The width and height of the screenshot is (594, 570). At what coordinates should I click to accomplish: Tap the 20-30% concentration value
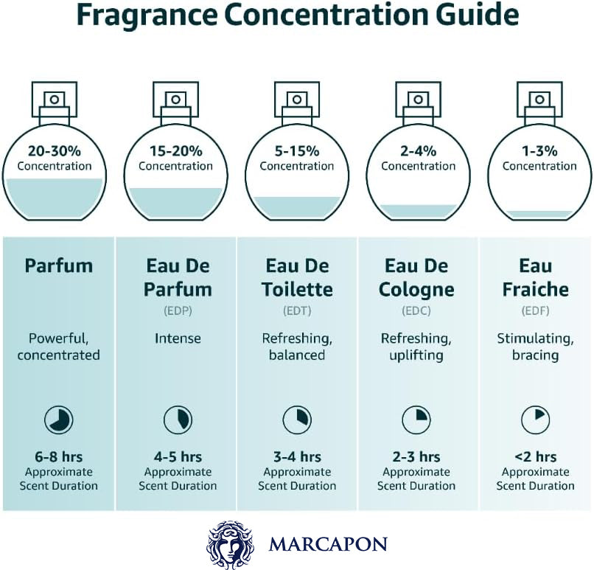55,151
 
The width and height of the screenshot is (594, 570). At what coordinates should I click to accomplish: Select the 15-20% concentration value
176,151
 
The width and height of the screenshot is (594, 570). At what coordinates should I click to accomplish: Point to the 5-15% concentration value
297,151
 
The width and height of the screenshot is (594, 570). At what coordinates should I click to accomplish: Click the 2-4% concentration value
418,151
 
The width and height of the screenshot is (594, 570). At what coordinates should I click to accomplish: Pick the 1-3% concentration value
539,151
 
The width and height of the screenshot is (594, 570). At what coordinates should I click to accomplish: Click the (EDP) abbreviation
178,310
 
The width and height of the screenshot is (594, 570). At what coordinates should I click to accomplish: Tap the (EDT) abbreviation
297,310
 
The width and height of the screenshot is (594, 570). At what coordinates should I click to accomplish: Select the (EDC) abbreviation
416,310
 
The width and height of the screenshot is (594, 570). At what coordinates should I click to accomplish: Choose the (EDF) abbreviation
535,310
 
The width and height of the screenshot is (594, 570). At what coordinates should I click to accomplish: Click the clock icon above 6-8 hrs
59,420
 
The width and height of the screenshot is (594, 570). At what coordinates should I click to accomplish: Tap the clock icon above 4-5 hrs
178,420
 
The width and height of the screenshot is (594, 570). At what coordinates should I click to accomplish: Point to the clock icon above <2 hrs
535,420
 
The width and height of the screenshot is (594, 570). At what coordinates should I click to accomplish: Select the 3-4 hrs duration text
297,456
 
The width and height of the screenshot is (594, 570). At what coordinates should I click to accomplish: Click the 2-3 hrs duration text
416,456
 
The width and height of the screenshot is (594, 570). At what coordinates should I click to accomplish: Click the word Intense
178,338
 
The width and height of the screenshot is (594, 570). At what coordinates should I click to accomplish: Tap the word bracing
535,355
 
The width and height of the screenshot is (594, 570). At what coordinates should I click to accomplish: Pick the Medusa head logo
230,545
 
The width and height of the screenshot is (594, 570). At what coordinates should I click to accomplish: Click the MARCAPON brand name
328,544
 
